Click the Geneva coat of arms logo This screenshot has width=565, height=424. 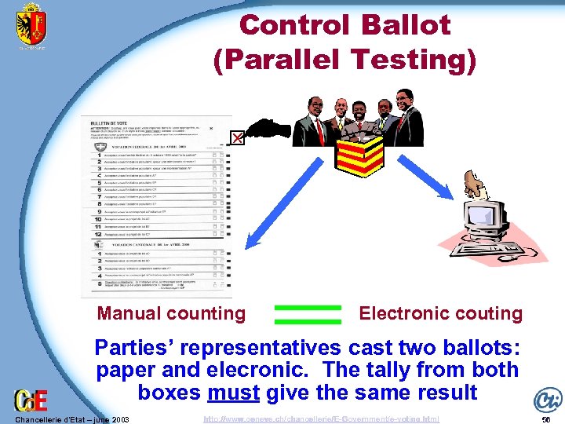(x=31, y=25)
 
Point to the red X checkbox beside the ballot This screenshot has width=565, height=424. (x=235, y=139)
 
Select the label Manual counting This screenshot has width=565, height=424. (x=171, y=314)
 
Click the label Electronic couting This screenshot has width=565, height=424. (x=440, y=314)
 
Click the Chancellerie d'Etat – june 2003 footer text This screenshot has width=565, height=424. (x=71, y=419)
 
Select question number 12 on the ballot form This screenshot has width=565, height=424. (x=98, y=234)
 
